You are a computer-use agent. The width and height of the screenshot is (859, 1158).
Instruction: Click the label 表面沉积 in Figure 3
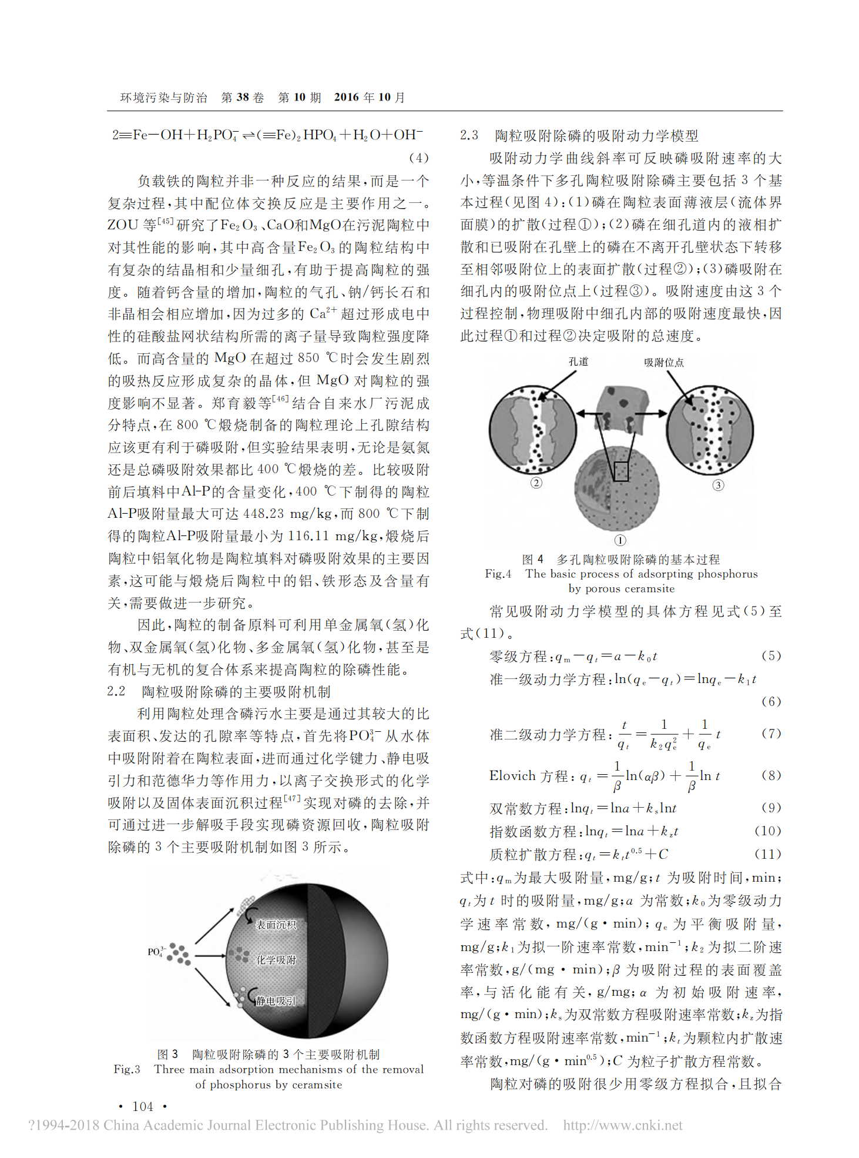(276, 925)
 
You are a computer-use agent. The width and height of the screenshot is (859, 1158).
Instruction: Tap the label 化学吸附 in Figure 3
(276, 960)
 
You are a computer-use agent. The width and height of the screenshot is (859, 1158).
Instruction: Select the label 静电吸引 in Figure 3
(276, 1000)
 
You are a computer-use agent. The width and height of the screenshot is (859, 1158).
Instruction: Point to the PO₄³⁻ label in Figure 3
(157, 952)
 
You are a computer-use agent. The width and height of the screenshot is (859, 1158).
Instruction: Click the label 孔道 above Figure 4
(578, 362)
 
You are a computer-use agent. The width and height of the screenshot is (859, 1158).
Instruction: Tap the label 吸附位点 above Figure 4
(664, 363)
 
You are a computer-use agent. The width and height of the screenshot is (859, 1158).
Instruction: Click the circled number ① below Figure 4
(620, 540)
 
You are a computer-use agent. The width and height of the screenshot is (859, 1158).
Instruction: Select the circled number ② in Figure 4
(536, 483)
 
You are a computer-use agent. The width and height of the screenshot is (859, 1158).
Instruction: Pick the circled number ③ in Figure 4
(718, 485)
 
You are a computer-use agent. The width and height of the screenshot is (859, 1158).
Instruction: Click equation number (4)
(418, 158)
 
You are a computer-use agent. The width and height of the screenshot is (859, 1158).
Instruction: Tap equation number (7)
(771, 733)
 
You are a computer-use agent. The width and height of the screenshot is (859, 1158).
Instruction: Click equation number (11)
(768, 854)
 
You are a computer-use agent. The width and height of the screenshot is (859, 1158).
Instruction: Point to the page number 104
(143, 1106)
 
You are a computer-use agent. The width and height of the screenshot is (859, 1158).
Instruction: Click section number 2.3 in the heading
(469, 135)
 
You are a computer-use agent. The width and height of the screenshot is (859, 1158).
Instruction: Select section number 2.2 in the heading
(116, 691)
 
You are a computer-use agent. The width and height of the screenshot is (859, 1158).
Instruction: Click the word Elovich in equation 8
(512, 776)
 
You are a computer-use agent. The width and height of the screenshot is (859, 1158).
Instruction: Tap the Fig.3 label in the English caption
(127, 1069)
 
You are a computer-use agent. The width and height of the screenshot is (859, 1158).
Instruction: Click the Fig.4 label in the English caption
(498, 574)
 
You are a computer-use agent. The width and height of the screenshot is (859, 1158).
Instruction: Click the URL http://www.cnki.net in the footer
(623, 1125)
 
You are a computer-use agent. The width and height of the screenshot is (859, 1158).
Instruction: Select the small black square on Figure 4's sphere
(621, 471)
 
